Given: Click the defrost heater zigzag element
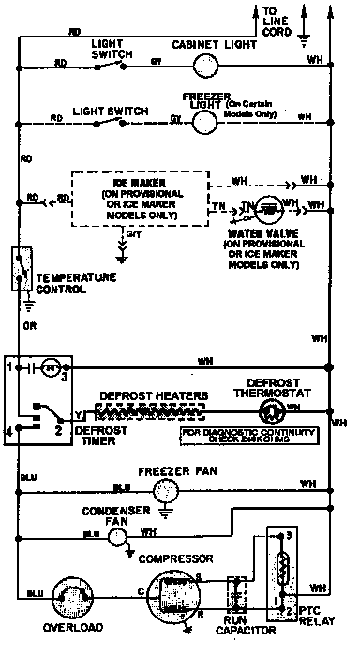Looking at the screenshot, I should click(150, 409).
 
